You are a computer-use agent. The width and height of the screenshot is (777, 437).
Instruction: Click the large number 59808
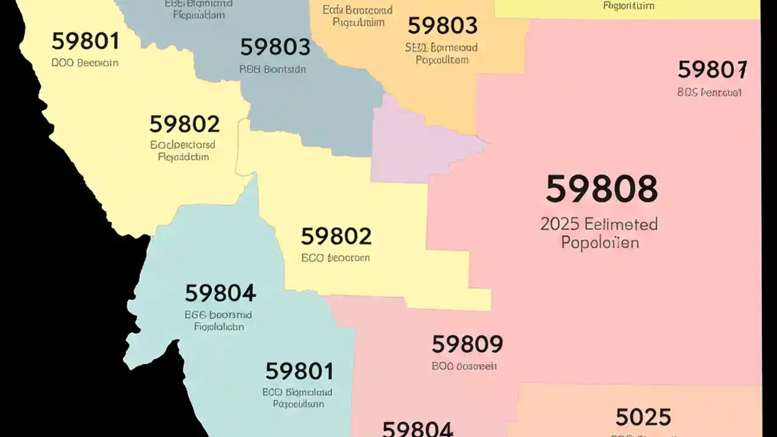point(601,189)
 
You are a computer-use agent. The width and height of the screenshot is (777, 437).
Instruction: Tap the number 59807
point(712,70)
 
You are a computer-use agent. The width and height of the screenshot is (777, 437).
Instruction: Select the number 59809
point(467,344)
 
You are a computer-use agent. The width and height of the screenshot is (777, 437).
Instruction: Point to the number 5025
point(643,417)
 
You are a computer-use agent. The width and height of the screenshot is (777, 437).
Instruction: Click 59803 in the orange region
point(442,25)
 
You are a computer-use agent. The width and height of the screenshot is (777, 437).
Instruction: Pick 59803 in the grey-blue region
point(275,47)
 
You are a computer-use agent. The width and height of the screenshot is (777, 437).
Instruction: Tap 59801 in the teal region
point(299,370)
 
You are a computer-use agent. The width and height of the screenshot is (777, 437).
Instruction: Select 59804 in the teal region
point(220,293)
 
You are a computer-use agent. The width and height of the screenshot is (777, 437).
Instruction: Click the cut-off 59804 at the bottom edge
point(417,429)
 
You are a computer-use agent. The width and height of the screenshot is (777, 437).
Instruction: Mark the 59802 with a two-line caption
point(184,124)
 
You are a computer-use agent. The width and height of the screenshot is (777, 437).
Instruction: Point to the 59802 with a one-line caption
point(336,235)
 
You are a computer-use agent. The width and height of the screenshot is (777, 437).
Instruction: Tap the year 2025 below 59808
point(559,223)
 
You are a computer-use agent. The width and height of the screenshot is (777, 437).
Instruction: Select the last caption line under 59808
point(599,243)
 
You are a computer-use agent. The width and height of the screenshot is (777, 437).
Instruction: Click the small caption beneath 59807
point(709,93)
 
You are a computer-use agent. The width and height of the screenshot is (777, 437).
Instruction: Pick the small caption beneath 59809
point(464,366)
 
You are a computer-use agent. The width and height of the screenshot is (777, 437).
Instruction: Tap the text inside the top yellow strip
point(629,6)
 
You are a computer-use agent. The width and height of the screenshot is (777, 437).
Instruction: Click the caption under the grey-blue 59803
point(273,69)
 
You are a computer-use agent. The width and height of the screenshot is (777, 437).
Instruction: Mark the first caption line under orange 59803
point(441,47)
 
